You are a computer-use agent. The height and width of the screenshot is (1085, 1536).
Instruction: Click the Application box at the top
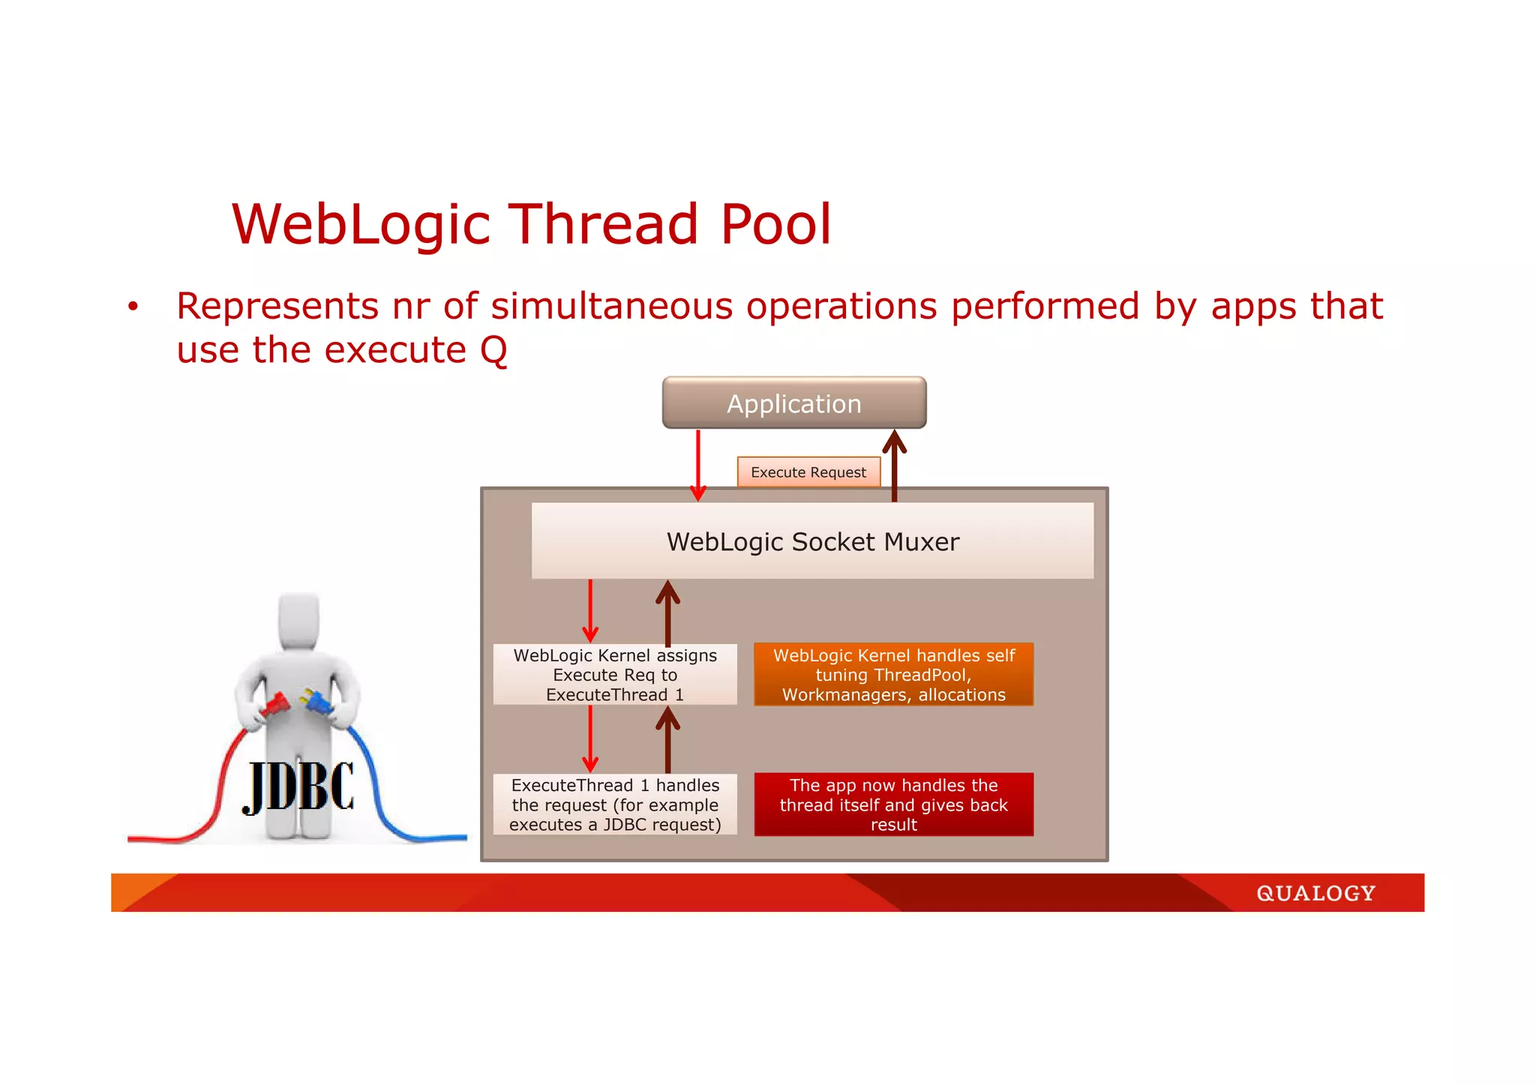pyautogui.click(x=793, y=403)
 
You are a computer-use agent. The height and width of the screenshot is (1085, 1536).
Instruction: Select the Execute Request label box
pyautogui.click(x=808, y=472)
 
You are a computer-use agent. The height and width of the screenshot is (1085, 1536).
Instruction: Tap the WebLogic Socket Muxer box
pyautogui.click(x=812, y=541)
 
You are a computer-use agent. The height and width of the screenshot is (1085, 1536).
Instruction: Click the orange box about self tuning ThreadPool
pyautogui.click(x=893, y=675)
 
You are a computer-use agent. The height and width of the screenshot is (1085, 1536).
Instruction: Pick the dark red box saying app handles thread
pyautogui.click(x=893, y=805)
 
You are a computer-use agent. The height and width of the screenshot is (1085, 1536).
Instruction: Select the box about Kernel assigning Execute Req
pyautogui.click(x=615, y=675)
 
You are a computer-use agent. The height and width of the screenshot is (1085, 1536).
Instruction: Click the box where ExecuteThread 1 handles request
pyautogui.click(x=615, y=805)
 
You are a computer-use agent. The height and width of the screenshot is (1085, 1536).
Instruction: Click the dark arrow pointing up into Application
pyautogui.click(x=894, y=465)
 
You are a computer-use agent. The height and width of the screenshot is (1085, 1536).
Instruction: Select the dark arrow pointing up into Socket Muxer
pyautogui.click(x=667, y=612)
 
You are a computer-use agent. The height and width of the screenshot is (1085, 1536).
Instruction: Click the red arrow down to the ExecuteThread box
pyautogui.click(x=590, y=739)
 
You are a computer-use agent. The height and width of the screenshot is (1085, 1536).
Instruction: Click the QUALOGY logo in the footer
pyautogui.click(x=1315, y=893)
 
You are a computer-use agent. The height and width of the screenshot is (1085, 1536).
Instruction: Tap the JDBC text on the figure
pyautogui.click(x=298, y=787)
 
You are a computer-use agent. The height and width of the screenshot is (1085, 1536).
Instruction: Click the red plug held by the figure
pyautogui.click(x=274, y=705)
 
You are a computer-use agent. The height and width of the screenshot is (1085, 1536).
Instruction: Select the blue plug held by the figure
pyautogui.click(x=319, y=703)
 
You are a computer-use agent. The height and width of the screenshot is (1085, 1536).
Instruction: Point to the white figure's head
pyautogui.click(x=298, y=621)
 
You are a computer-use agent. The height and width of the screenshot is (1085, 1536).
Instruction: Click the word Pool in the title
pyautogui.click(x=775, y=224)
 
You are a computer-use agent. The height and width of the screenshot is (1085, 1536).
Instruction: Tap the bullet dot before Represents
pyautogui.click(x=133, y=307)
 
